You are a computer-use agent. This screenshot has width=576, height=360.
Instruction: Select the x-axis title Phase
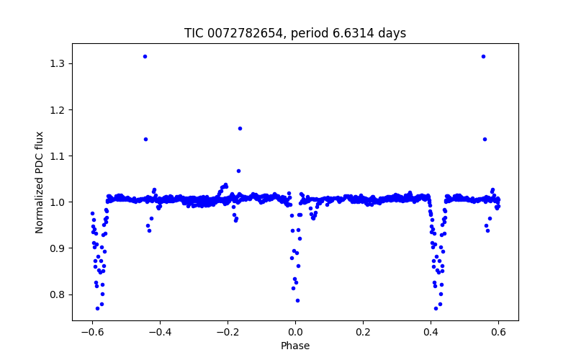295,346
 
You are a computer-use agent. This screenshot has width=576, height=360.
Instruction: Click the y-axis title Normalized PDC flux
40,182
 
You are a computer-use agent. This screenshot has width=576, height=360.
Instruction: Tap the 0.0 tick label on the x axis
295,333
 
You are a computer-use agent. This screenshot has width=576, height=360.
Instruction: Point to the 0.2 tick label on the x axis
363,333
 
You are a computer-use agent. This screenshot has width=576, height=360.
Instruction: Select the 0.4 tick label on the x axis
431,333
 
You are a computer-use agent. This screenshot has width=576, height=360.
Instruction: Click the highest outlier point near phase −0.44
145,56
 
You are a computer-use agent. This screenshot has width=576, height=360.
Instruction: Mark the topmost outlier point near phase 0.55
483,56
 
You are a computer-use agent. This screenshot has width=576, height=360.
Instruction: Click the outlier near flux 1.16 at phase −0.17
240,128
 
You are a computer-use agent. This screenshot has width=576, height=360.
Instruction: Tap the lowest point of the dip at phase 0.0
297,300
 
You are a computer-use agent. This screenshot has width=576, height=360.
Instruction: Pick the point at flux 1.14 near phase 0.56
485,139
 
